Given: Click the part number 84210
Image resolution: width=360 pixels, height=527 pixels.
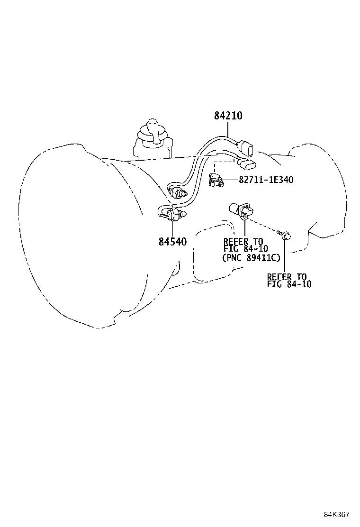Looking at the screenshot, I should pyautogui.click(x=228, y=116).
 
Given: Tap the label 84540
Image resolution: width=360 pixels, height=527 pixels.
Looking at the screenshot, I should pyautogui.click(x=172, y=241).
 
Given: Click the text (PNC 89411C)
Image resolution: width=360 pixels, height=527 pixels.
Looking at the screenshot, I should pyautogui.click(x=251, y=257).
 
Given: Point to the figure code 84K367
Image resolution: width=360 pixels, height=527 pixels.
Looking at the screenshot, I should pyautogui.click(x=336, y=515).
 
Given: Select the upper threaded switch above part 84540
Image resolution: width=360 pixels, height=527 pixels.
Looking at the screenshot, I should pyautogui.click(x=179, y=192).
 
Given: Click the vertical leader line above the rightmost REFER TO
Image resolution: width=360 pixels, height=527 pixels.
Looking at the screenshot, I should pyautogui.click(x=286, y=256).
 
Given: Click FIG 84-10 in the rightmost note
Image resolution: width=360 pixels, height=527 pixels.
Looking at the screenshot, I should pyautogui.click(x=289, y=285).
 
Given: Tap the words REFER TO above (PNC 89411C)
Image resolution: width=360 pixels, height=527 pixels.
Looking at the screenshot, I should pyautogui.click(x=243, y=242).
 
